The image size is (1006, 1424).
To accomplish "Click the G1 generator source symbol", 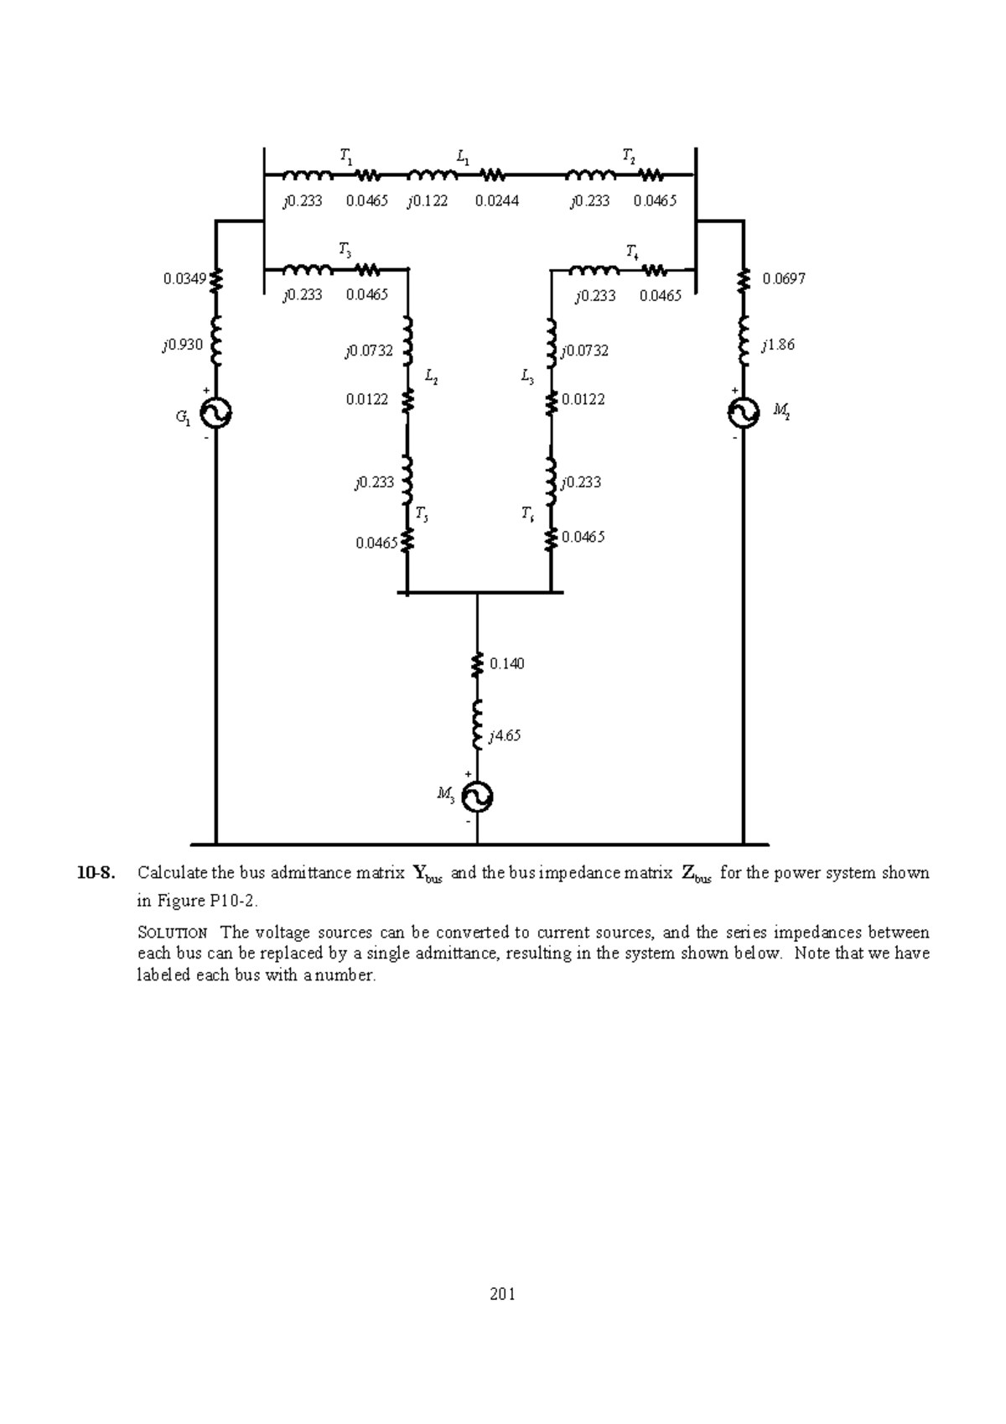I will click(216, 413).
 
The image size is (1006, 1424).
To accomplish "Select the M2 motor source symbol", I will click(744, 412).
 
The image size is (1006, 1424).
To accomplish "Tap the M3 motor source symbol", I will click(477, 797).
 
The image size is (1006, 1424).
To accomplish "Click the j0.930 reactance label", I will click(183, 345).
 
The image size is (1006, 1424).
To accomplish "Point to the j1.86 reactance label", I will click(778, 345).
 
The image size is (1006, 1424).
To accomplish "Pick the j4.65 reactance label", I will click(505, 735).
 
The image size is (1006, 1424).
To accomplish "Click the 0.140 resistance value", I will click(506, 663).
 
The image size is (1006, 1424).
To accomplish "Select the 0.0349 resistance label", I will click(184, 278).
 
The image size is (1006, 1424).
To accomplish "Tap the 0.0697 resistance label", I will click(784, 278).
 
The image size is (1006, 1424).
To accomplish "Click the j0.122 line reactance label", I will click(428, 201).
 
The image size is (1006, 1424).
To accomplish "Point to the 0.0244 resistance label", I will click(496, 201).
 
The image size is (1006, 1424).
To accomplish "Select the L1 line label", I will click(463, 155).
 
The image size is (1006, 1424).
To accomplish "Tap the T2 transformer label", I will click(628, 155).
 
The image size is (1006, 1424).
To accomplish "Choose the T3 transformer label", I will click(345, 249).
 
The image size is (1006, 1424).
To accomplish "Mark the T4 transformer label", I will click(632, 251).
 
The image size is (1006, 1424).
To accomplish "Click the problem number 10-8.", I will click(94, 873).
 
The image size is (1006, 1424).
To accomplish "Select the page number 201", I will click(502, 1294).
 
